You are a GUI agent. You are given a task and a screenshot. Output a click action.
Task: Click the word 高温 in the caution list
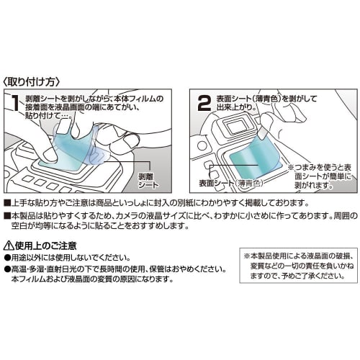click(x=18, y=269)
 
